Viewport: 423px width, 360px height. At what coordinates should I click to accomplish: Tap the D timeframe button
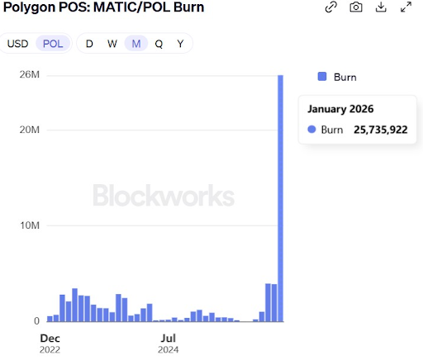point(89,43)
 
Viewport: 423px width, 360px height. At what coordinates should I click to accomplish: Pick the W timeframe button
point(112,43)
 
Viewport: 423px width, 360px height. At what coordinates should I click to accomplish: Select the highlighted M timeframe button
point(135,43)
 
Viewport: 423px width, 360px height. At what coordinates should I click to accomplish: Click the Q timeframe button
point(158,43)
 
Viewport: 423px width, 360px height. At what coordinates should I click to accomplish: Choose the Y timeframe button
point(180,43)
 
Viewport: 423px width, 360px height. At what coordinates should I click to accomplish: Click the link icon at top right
point(330,7)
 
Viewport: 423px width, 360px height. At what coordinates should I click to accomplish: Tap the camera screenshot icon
point(355,7)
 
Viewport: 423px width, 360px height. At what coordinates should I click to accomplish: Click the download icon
point(381,7)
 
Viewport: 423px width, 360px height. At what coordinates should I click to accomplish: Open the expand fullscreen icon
point(406,7)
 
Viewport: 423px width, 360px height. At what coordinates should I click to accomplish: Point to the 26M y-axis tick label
point(30,76)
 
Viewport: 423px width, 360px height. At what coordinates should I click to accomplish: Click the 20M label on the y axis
point(30,130)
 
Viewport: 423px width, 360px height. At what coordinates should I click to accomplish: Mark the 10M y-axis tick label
point(30,225)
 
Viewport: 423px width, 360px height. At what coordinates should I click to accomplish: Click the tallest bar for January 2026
point(281,198)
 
